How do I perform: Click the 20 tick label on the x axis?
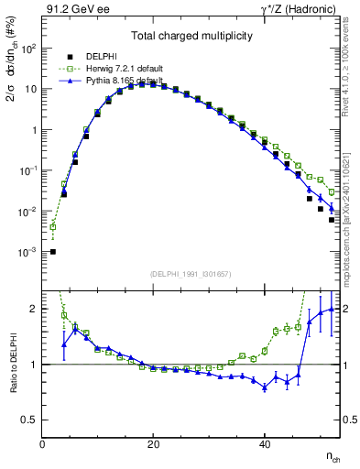tap(153, 444)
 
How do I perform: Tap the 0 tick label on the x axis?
tap(42, 444)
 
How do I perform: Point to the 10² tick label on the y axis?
tap(27, 49)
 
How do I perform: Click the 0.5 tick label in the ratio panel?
tap(28, 420)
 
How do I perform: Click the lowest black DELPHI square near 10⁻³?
tap(53, 252)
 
